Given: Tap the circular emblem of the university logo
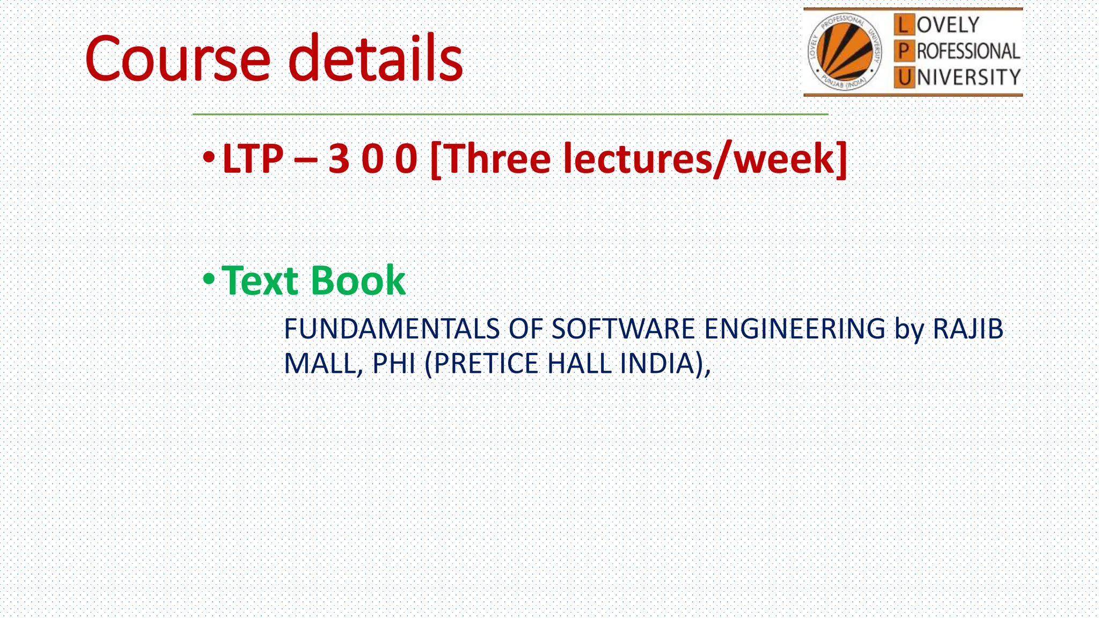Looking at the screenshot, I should click(845, 52).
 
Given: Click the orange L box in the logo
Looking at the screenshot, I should click(904, 25).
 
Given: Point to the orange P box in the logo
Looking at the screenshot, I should click(904, 51).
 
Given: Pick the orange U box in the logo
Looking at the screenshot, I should click(904, 78).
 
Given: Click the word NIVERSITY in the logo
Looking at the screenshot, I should click(968, 78).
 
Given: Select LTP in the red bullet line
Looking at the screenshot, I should click(252, 159).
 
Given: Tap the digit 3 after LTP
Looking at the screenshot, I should click(339, 159).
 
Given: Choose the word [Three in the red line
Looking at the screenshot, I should click(490, 159).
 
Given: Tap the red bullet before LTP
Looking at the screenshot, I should click(209, 158).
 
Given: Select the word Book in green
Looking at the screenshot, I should click(358, 281).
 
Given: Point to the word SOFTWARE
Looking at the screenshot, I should click(623, 329).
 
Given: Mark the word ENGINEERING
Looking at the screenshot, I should click(794, 329).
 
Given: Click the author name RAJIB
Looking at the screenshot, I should click(968, 329).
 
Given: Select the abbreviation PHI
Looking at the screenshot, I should click(394, 364).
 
